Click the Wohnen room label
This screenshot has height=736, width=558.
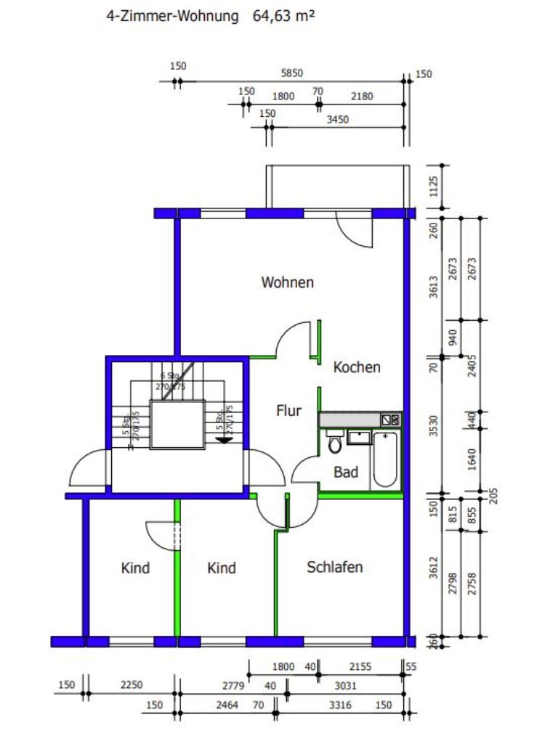288,282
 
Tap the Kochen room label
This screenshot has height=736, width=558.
356,367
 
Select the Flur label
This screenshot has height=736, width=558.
288,411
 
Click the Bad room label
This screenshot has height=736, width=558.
346,472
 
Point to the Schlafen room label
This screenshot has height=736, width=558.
334,567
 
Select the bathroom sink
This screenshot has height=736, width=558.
359,437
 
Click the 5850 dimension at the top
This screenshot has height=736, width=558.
291,73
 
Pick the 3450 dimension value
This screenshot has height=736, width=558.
338,120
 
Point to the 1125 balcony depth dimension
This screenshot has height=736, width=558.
434,187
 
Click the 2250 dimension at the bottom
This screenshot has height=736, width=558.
132,684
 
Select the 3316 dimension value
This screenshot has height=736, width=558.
340,705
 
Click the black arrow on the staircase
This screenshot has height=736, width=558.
225,438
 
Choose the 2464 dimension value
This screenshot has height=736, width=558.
227,705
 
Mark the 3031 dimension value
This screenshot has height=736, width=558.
345,684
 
